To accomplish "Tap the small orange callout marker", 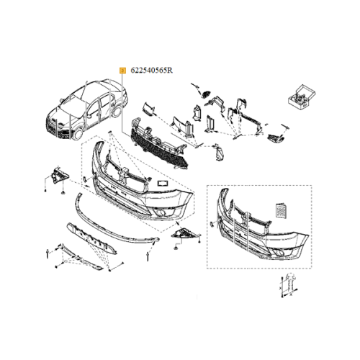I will pos(123,70).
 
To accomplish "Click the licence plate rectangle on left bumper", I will pos(162,184).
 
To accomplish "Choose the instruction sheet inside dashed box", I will pos(282,210).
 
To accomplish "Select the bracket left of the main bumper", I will pos(57,176).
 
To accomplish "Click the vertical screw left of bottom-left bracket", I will pos(45,252).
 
